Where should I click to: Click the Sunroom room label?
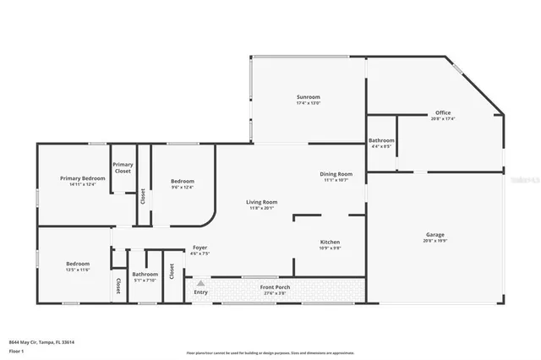[x=308, y=97]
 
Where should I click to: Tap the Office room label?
[x=443, y=112]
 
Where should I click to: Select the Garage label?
[x=434, y=234]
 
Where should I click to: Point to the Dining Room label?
[x=336, y=174]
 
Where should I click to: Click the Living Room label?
[x=261, y=202]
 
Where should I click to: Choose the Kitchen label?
[x=330, y=242]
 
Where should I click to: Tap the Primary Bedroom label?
[x=82, y=178]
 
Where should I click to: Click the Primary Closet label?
[x=123, y=167]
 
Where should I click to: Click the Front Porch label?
[x=276, y=286]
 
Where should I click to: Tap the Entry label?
[x=200, y=293]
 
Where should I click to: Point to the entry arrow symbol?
[x=200, y=284]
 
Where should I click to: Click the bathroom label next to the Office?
[x=381, y=140]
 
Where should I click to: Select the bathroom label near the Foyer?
[x=145, y=274]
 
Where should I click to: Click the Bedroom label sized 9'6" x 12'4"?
[x=183, y=181]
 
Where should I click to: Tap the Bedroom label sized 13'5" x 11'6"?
[x=78, y=264]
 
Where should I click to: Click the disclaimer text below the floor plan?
[x=270, y=352]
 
